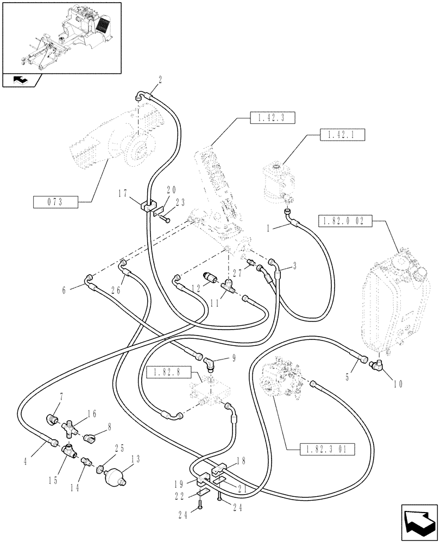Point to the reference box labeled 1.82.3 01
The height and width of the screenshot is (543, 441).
tap(326, 449)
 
